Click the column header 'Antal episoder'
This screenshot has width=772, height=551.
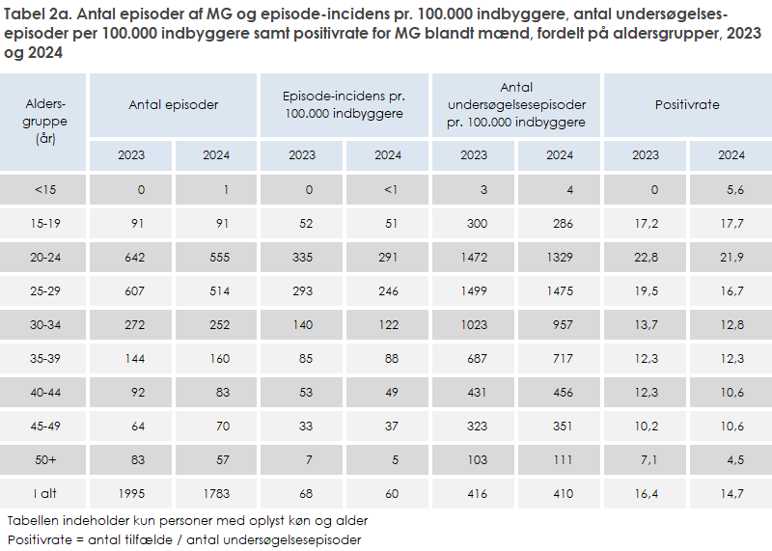pos(174,105)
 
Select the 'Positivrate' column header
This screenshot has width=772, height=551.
pos(687,105)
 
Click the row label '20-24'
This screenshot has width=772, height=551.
pos(44,258)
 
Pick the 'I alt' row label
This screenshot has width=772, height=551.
pos(44,494)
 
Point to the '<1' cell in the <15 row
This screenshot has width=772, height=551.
pos(391,190)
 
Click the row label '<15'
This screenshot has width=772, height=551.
pos(44,190)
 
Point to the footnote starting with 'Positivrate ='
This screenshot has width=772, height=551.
pos(183,539)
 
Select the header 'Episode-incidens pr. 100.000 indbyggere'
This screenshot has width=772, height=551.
pos(345,105)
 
